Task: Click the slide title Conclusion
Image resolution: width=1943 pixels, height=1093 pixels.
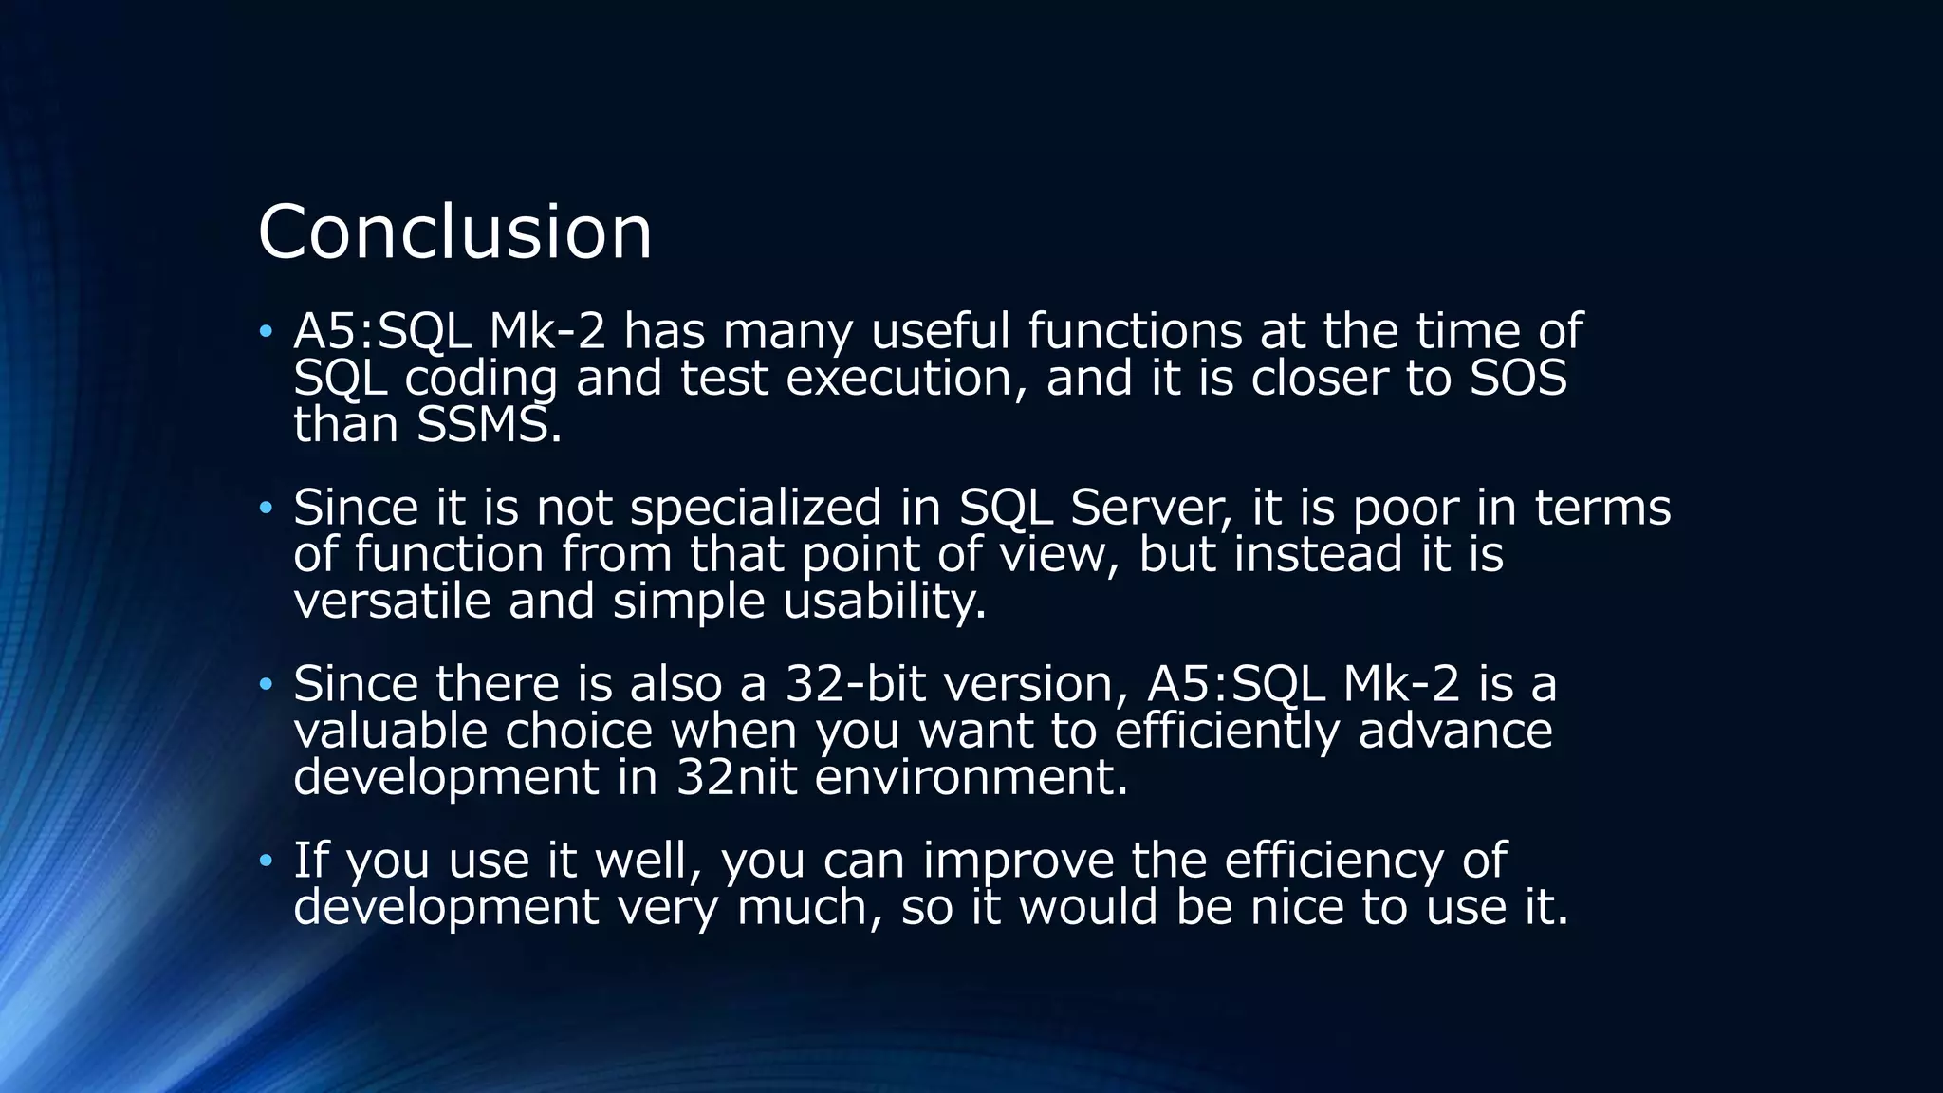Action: coord(454,232)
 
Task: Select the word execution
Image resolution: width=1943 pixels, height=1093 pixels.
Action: coord(906,379)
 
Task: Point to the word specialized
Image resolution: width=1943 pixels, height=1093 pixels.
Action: coord(756,509)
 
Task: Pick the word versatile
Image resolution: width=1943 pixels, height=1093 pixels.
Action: coord(392,602)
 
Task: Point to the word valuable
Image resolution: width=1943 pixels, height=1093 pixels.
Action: coord(390,732)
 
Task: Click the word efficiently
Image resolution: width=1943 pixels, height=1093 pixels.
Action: coord(1227,732)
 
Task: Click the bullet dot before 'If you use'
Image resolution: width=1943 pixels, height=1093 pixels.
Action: coord(266,861)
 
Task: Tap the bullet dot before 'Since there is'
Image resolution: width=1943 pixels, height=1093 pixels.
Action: coord(266,684)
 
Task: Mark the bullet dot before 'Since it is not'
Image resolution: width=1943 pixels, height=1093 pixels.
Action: coord(266,509)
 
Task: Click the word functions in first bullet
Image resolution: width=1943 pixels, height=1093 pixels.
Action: coord(1135,332)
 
